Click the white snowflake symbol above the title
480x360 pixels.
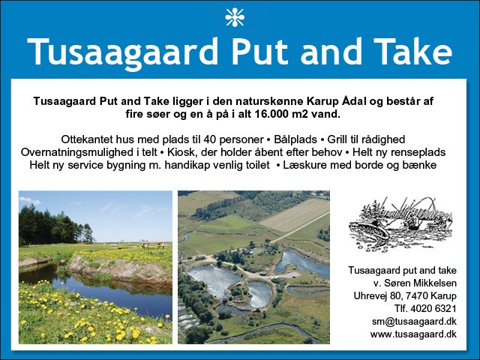[235, 17]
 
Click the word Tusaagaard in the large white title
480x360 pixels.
[122, 52]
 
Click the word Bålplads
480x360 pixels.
[295, 139]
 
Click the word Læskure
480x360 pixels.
[303, 165]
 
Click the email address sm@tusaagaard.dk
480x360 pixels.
[414, 322]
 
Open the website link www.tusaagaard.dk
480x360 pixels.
[413, 334]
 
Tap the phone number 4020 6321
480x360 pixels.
[433, 308]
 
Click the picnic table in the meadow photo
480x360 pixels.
[153, 244]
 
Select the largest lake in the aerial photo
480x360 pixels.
[214, 280]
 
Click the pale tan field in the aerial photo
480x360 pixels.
[295, 214]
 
